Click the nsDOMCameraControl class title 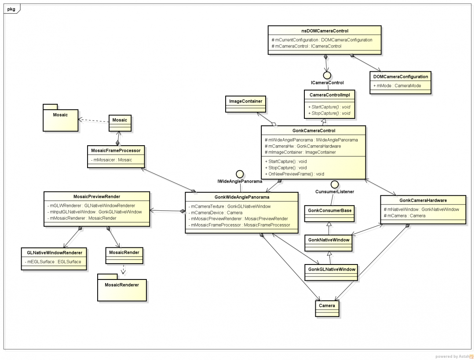click(325, 31)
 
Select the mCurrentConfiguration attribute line click(322, 40)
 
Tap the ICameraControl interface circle click(327, 74)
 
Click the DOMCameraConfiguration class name click(401, 76)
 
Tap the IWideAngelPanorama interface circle click(240, 174)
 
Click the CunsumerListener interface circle click(335, 184)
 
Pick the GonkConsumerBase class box click(330, 213)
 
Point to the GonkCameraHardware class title click(423, 200)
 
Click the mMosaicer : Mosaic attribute click(113, 160)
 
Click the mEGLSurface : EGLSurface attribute click(53, 262)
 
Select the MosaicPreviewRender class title click(97, 196)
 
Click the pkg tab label click(11, 8)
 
